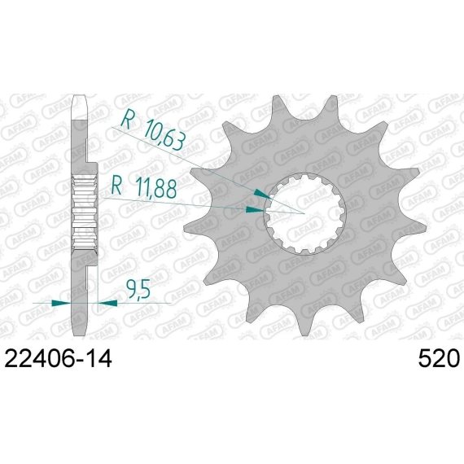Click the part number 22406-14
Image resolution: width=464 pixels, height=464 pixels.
(x=59, y=358)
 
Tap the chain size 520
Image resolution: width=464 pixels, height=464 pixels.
(x=439, y=358)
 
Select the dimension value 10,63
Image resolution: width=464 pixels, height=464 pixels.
(x=164, y=135)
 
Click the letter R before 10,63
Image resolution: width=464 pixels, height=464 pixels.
(x=127, y=119)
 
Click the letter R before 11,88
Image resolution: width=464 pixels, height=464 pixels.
(x=117, y=186)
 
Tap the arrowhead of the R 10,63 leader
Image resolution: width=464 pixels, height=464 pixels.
(x=262, y=194)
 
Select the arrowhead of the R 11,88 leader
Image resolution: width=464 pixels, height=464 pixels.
(x=255, y=210)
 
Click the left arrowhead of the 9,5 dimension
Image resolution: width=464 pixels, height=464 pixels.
(x=61, y=303)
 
